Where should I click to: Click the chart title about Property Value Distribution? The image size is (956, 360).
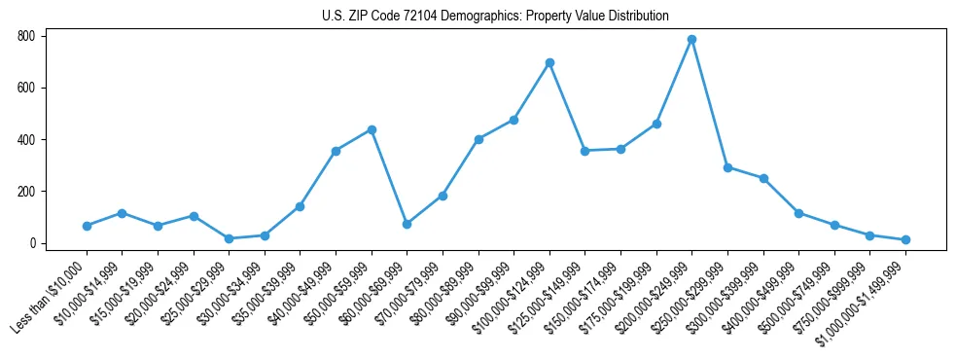point(495,16)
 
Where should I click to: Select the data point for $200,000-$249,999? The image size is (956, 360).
point(691,40)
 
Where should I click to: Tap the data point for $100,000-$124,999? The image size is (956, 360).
point(549,62)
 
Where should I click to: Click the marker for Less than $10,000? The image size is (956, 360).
point(87,226)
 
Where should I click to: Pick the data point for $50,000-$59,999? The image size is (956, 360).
point(372,129)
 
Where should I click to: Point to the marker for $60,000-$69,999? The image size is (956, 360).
point(407,224)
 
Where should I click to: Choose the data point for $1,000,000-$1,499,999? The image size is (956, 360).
point(905,239)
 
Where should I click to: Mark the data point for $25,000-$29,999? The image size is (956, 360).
point(229,238)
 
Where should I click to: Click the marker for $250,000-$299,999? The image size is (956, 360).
point(727,167)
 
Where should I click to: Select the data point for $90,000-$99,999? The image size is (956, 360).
point(513,120)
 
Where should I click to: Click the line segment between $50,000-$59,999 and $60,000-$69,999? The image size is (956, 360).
point(389,177)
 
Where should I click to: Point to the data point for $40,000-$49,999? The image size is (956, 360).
point(336,151)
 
